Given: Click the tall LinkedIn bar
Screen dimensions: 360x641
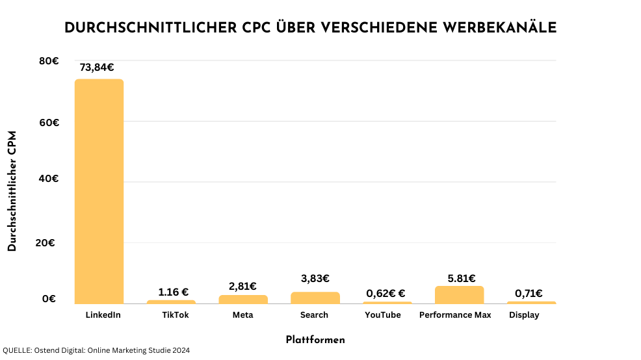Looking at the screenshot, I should point(99,191).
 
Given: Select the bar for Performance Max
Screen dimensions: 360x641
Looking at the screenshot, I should point(459,295).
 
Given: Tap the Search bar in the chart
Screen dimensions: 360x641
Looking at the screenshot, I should point(315,298).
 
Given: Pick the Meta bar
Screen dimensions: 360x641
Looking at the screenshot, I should point(242,300).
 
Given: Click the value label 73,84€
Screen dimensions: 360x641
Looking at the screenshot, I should point(97,67).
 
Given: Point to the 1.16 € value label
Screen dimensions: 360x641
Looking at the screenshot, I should point(173,292).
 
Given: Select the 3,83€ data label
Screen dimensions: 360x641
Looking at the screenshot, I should point(315,278).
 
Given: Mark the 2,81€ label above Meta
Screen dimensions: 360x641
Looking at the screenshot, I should point(242,286).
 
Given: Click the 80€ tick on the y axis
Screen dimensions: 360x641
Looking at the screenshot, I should point(49,61).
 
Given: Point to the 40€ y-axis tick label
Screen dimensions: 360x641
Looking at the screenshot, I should point(49,178).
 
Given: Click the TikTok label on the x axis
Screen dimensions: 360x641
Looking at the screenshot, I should point(175,315).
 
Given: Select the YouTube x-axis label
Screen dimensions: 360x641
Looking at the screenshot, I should point(382,315).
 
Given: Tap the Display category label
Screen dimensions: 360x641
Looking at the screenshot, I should point(524,315).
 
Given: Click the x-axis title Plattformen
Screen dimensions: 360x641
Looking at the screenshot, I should point(315,340).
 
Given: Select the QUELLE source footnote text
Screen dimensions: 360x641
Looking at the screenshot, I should point(96,350).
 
